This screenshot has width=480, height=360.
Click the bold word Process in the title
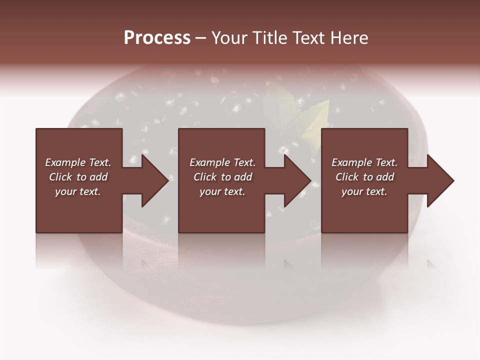pyautogui.click(x=157, y=38)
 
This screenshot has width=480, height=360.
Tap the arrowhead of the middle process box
pyautogui.click(x=297, y=180)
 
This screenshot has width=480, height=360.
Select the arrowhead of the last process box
pyautogui.click(x=440, y=180)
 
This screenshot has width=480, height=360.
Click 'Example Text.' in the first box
pyautogui.click(x=78, y=162)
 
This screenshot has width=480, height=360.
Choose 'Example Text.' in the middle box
pyautogui.click(x=222, y=162)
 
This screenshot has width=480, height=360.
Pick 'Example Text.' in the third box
pyautogui.click(x=364, y=162)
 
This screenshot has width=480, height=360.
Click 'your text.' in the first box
pyautogui.click(x=78, y=191)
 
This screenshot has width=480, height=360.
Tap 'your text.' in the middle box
pyautogui.click(x=222, y=191)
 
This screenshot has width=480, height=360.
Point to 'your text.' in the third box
pyautogui.click(x=364, y=191)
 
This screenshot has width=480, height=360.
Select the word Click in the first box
pyautogui.click(x=60, y=177)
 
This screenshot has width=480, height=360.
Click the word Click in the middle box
pyautogui.click(x=205, y=177)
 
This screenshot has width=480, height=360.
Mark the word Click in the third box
pyautogui.click(x=347, y=177)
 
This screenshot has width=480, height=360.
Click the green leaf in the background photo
pyautogui.click(x=315, y=122)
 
